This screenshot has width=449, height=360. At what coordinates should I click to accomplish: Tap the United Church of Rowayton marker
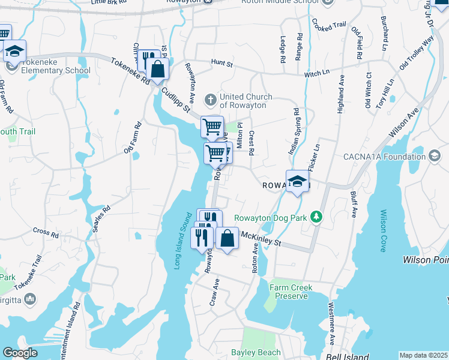click(209, 98)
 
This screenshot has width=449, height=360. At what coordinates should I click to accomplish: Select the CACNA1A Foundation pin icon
click(435, 157)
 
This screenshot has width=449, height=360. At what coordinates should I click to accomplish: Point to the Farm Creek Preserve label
click(291, 292)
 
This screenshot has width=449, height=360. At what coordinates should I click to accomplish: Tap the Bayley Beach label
click(256, 353)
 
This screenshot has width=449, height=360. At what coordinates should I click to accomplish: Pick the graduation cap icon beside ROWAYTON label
click(297, 182)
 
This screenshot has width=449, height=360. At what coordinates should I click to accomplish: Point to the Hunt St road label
click(221, 62)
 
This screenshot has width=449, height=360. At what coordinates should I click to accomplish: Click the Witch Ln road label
click(318, 73)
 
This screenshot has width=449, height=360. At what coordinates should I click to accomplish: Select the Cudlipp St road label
click(175, 100)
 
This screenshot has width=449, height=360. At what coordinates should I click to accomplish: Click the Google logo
click(20, 353)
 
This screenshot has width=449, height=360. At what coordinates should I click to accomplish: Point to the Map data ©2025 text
click(423, 355)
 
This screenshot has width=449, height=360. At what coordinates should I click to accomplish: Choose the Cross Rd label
click(44, 231)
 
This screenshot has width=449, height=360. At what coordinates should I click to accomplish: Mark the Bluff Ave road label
click(354, 204)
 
